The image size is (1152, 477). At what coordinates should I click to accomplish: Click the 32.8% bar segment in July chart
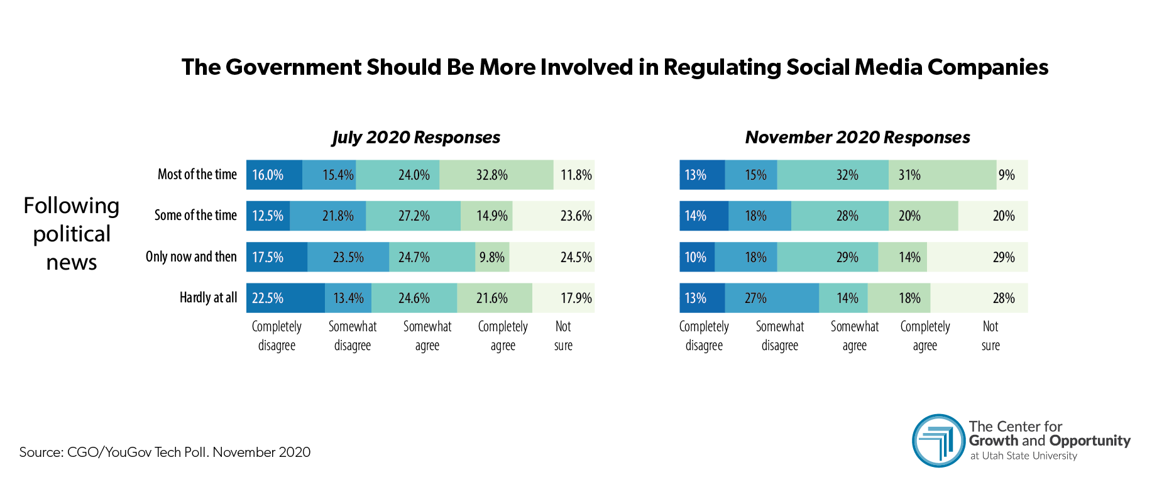(496, 175)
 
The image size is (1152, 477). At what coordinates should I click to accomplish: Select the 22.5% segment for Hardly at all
(285, 298)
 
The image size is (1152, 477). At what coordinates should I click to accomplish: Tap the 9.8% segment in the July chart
(492, 257)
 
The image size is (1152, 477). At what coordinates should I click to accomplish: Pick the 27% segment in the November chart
(771, 298)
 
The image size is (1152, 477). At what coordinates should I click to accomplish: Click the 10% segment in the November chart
(696, 257)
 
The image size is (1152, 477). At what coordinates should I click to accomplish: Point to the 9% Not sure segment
(1011, 175)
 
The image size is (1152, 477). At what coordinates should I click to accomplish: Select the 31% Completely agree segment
(941, 175)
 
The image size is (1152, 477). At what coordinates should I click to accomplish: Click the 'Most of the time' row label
(197, 175)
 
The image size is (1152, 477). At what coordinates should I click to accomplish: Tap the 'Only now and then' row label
(191, 256)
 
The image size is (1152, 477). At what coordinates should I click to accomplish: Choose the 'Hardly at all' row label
(208, 297)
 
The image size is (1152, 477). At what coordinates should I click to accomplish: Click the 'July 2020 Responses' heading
(416, 137)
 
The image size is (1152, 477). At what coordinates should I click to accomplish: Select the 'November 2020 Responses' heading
(857, 137)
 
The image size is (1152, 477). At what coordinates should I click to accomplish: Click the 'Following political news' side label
(71, 233)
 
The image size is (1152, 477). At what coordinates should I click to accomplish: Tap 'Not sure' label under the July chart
(563, 336)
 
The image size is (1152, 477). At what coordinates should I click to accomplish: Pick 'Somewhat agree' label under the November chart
(854, 336)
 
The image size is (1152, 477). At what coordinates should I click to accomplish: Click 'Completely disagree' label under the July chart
(277, 336)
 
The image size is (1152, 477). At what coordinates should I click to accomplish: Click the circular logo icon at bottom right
(938, 440)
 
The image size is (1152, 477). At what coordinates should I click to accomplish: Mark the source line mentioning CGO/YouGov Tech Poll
(165, 452)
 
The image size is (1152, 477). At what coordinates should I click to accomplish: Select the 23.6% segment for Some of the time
(553, 216)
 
